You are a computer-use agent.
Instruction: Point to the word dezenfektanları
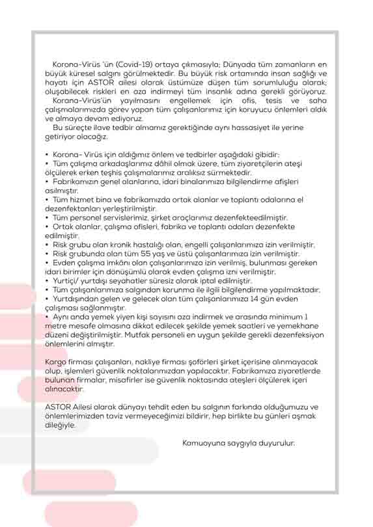(x=73, y=209)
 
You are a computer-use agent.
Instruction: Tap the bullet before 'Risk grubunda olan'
(x=47, y=254)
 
